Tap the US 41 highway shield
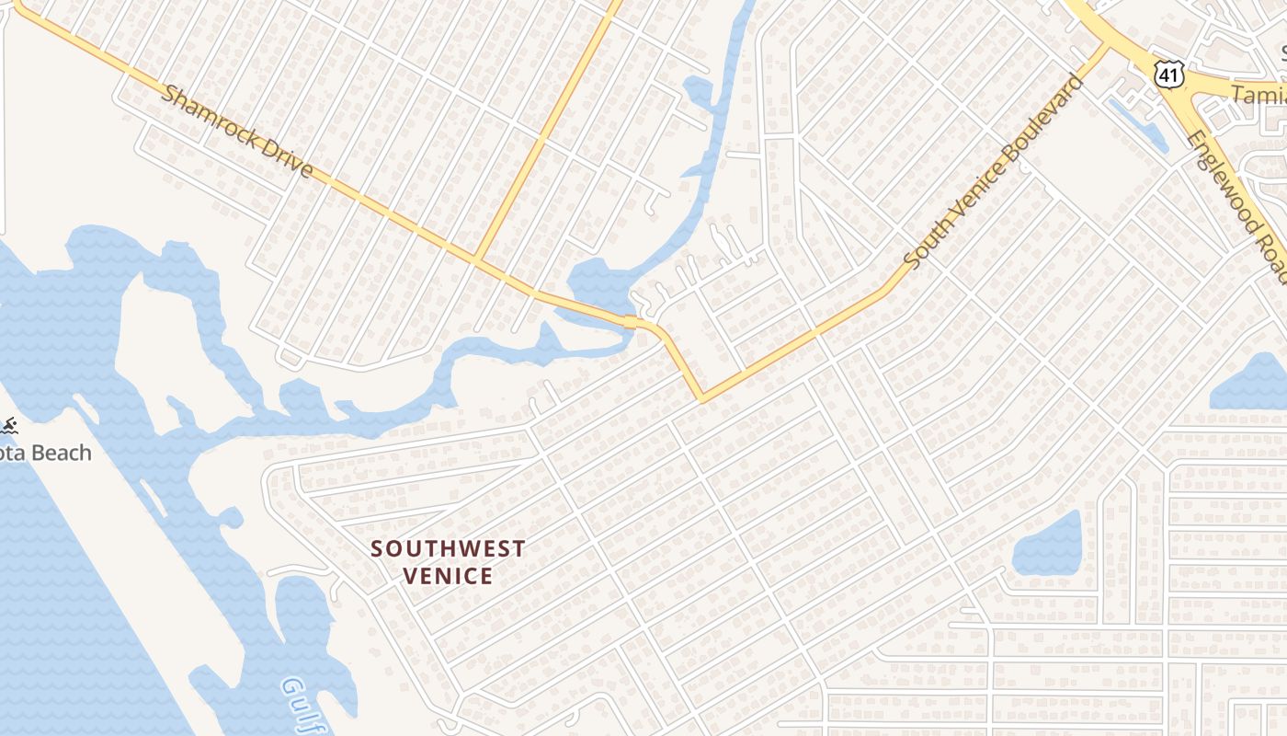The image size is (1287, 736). pyautogui.click(x=1168, y=71)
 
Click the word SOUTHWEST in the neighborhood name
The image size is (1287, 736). pyautogui.click(x=448, y=549)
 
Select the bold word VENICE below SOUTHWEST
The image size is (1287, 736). pyautogui.click(x=448, y=577)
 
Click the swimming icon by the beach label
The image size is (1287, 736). pyautogui.click(x=8, y=425)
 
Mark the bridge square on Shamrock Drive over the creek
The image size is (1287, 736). pyautogui.click(x=630, y=322)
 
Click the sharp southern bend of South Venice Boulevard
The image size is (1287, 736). pyautogui.click(x=702, y=399)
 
